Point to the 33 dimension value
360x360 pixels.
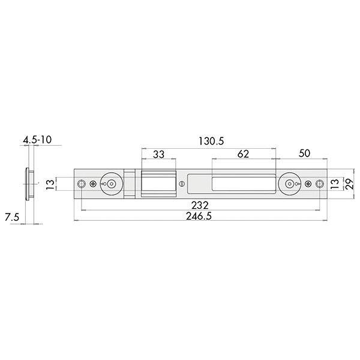[158, 154]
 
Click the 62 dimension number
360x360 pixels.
[243, 154]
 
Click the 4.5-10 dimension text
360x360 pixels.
[37, 140]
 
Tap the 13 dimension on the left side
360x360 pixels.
[50, 184]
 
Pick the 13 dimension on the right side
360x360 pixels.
[334, 184]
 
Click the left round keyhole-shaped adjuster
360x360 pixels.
[110, 184]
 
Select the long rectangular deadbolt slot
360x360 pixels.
[231, 184]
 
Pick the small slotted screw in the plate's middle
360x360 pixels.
[182, 184]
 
